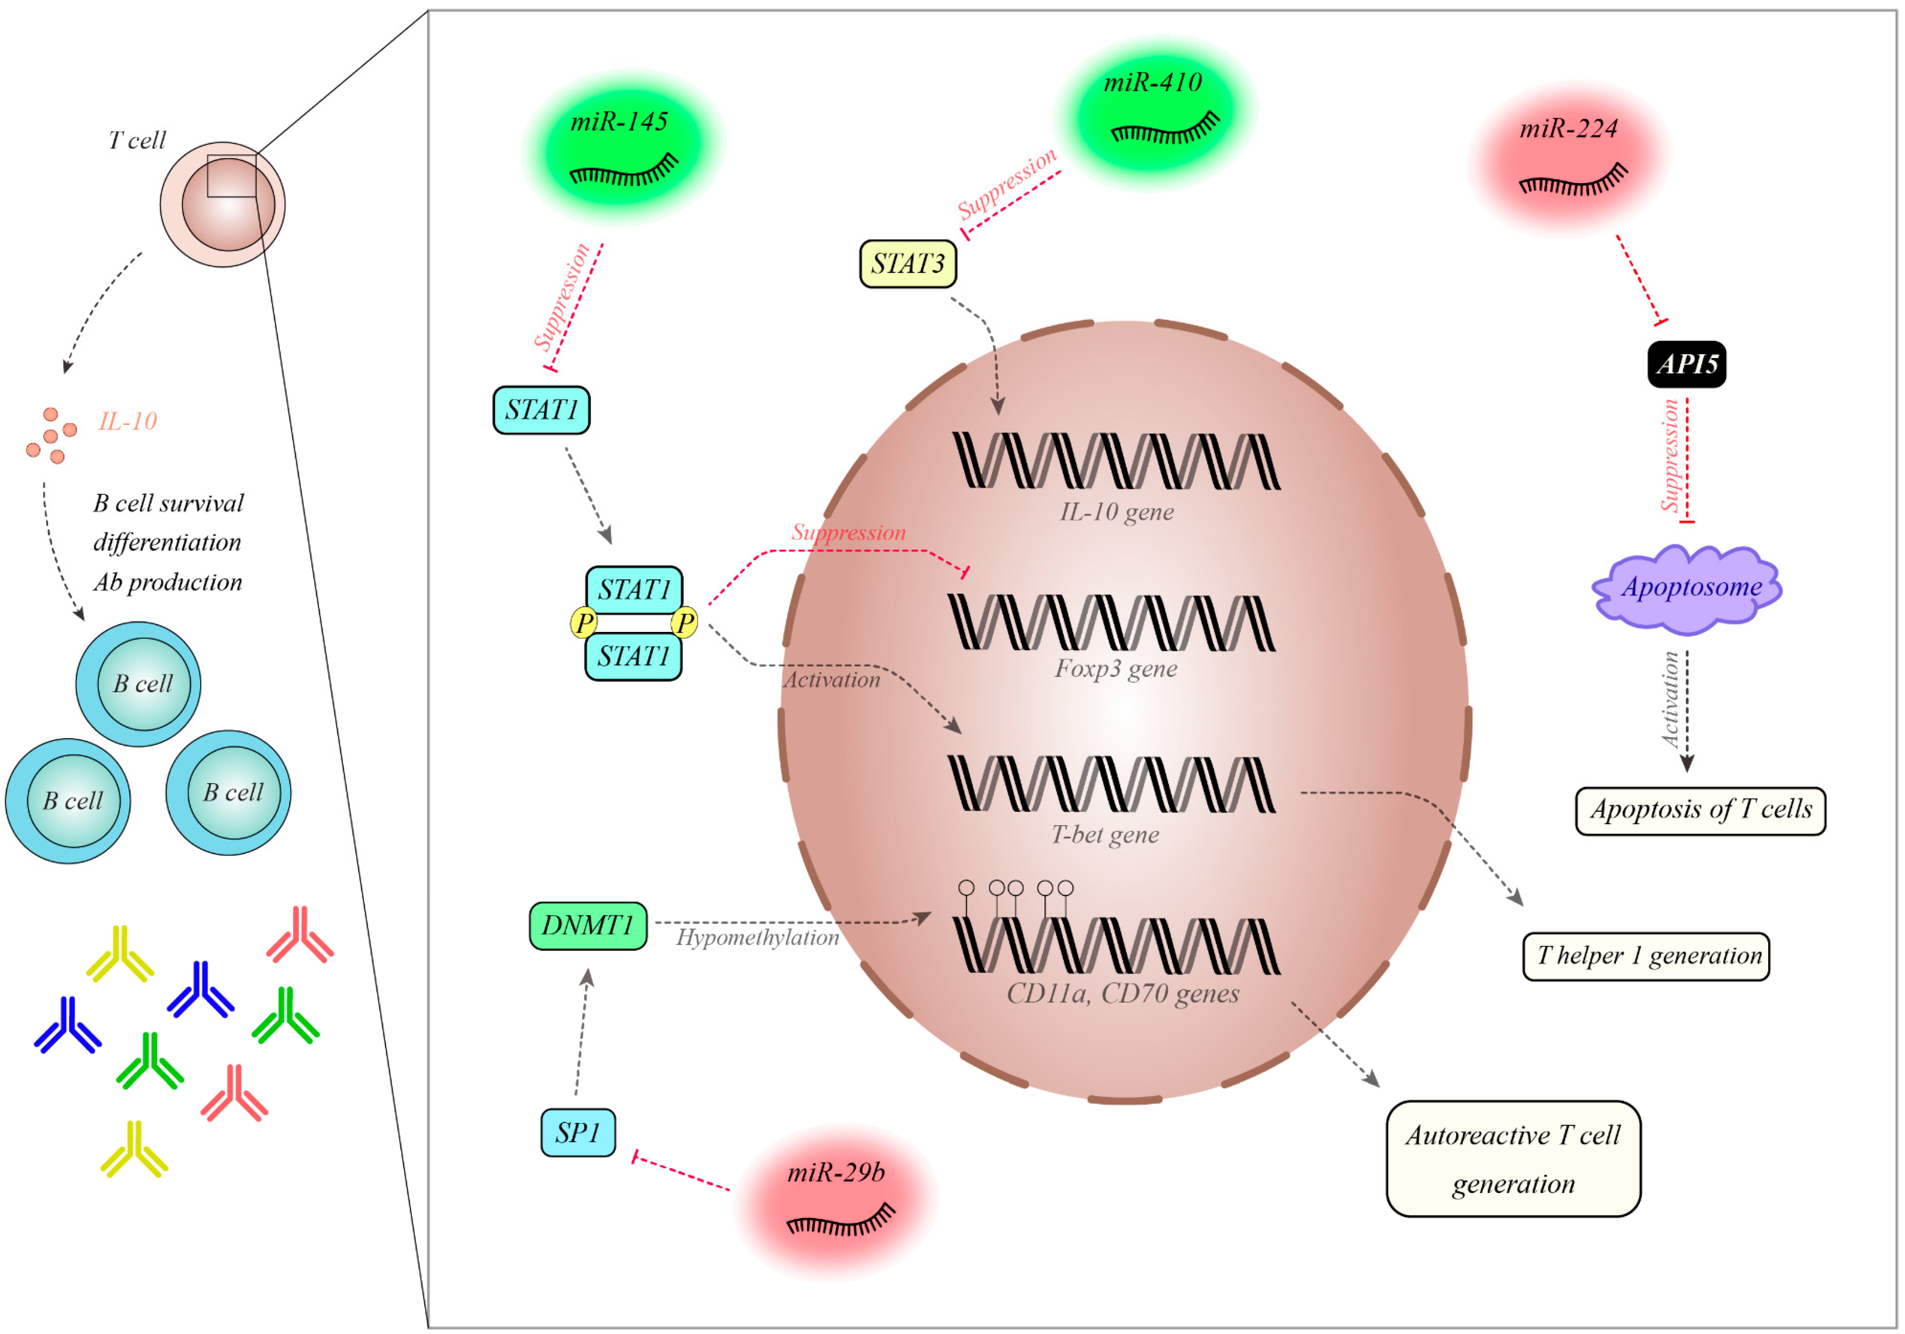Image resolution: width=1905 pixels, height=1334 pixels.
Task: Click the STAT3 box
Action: (908, 264)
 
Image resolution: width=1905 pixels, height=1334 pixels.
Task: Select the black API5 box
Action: (1686, 364)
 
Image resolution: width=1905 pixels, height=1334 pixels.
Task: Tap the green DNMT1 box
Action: (587, 925)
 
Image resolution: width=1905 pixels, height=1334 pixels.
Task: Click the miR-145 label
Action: (619, 122)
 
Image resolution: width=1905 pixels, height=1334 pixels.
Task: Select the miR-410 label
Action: (1152, 82)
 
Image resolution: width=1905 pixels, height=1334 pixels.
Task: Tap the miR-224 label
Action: (1568, 129)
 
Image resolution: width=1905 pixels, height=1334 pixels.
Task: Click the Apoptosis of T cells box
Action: (1700, 810)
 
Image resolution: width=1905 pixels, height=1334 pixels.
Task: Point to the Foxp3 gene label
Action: (1115, 669)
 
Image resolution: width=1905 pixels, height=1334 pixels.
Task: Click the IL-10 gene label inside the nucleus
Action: (1117, 512)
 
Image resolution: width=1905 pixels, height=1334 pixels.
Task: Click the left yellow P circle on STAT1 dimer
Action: (584, 622)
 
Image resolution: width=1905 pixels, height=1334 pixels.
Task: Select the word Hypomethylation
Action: (757, 937)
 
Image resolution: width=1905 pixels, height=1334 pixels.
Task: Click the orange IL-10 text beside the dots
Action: (128, 422)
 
